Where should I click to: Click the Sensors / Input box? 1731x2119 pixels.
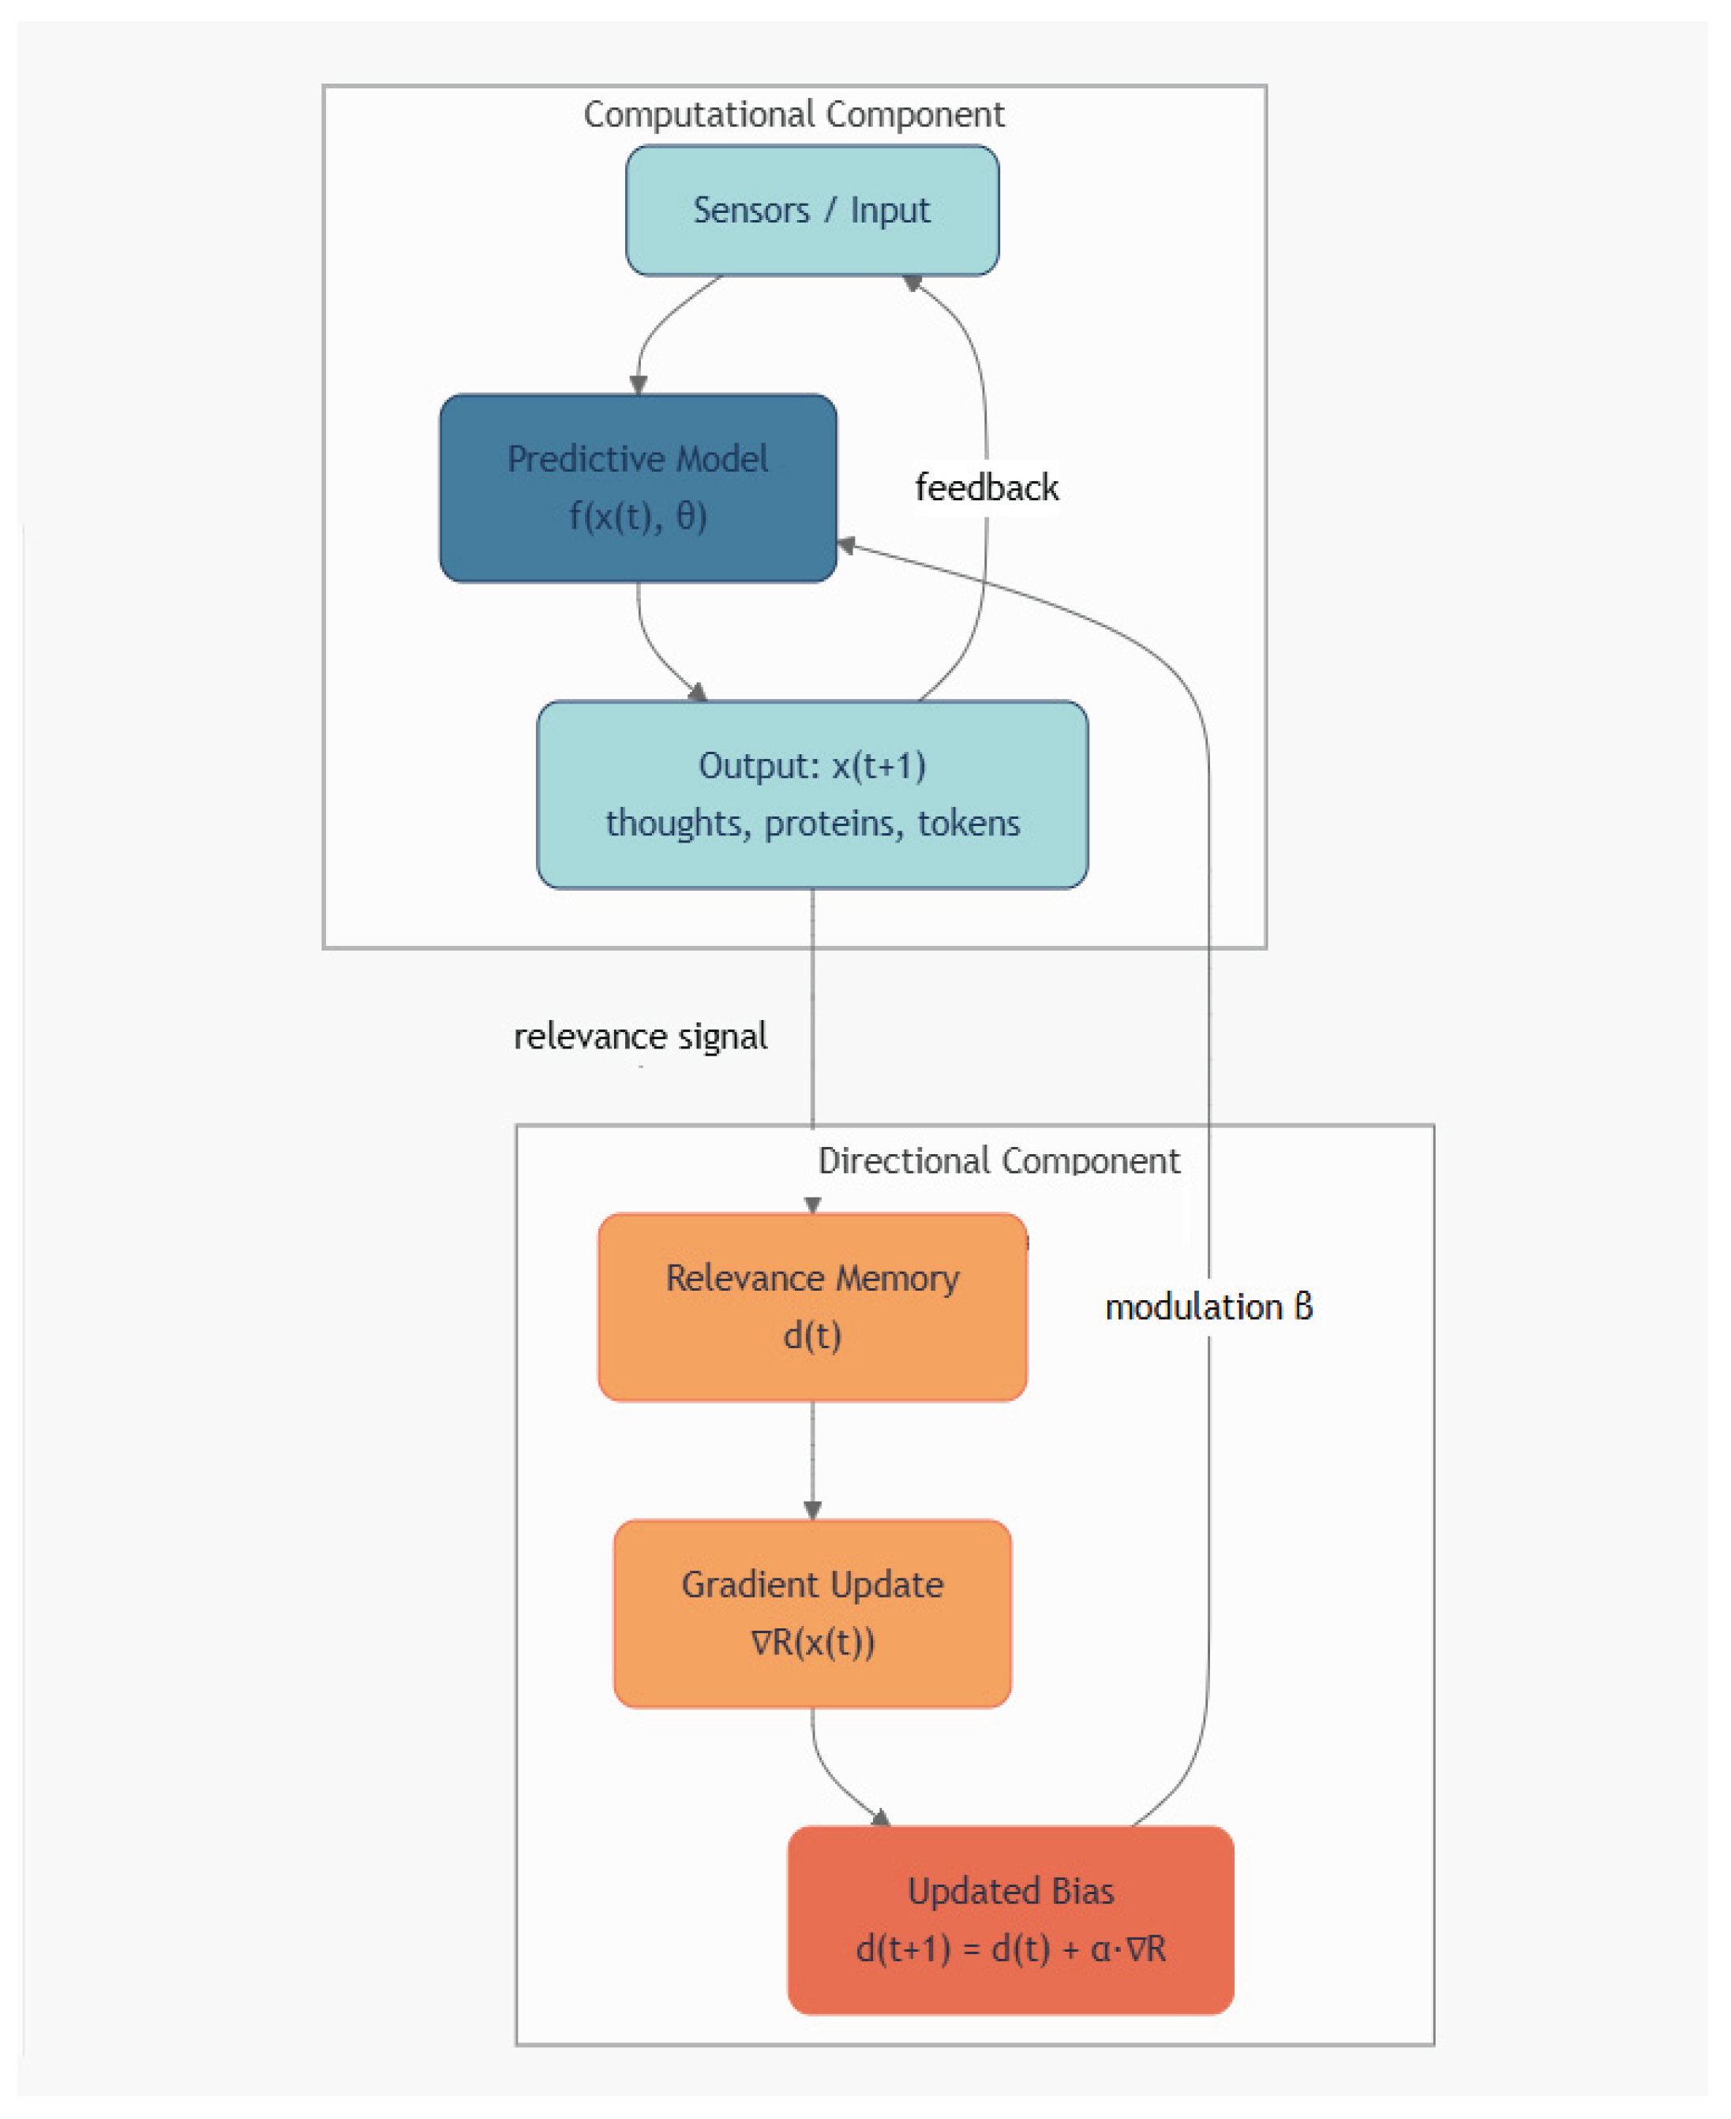(x=811, y=211)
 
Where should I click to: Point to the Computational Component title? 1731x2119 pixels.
(x=794, y=114)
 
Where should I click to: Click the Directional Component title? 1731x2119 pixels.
(x=999, y=1161)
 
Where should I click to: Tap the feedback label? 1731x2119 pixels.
(x=986, y=488)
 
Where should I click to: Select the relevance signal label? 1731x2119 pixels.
(x=640, y=1037)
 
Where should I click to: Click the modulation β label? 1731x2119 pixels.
(x=1208, y=1306)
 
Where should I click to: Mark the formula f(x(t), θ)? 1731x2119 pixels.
(x=637, y=516)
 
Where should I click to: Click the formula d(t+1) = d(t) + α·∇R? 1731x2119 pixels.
(x=1010, y=1949)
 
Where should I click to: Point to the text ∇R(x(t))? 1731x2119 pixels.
(x=811, y=1643)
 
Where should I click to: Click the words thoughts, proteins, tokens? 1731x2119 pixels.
(x=811, y=824)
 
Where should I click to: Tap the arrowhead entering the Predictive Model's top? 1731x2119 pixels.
(x=638, y=385)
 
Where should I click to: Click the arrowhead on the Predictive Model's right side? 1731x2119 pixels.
(x=845, y=545)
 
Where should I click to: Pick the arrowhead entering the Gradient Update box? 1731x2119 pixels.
(x=811, y=1510)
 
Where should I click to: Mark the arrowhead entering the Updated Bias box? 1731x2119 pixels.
(x=879, y=1817)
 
